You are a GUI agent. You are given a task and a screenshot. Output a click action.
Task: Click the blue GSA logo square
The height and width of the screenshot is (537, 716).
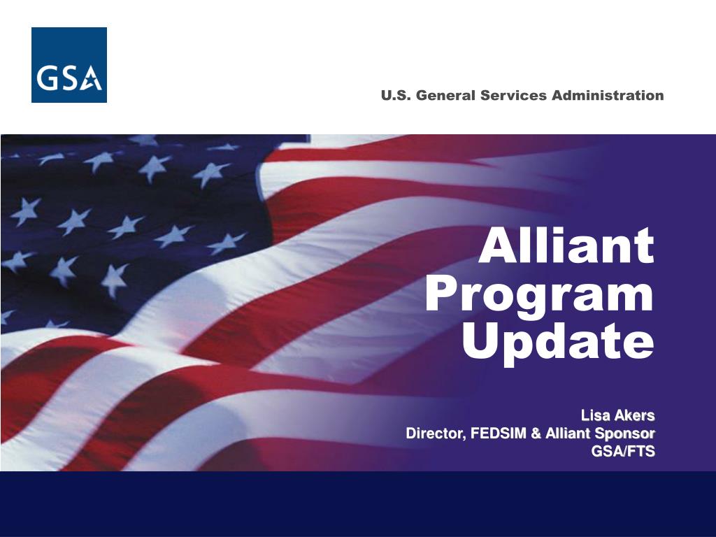[69, 65]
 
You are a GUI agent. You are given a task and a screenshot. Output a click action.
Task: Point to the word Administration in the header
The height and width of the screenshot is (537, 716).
[608, 95]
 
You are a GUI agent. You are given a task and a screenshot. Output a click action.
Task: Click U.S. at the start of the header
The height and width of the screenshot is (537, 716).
[396, 95]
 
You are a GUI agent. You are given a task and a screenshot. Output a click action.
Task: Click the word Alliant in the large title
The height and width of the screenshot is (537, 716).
[566, 245]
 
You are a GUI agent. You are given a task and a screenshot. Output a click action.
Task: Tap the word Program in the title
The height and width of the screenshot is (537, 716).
[540, 296]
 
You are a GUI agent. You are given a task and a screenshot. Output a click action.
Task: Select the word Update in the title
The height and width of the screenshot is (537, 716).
[558, 343]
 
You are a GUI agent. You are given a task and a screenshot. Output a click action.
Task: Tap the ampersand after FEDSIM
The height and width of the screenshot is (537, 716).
[536, 434]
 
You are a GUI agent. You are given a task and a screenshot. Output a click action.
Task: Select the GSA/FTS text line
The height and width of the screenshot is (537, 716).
[623, 451]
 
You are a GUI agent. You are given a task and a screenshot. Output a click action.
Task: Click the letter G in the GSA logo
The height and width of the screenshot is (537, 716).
[46, 78]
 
